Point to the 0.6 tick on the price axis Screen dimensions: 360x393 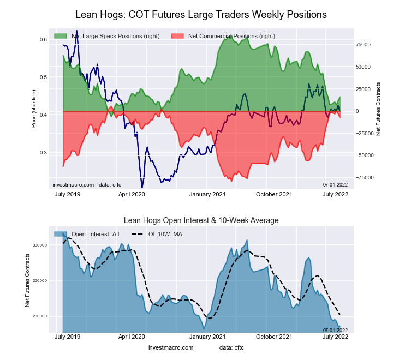coord(43,40)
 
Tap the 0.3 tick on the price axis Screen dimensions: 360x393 coord(43,153)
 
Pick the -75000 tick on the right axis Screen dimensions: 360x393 coord(364,177)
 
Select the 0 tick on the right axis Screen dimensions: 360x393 coord(358,111)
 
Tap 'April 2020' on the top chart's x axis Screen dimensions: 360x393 coord(132,194)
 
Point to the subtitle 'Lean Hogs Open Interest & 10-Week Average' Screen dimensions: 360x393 coord(201,220)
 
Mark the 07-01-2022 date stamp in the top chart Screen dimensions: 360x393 coord(335,185)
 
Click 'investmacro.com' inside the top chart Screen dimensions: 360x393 coord(74,185)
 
